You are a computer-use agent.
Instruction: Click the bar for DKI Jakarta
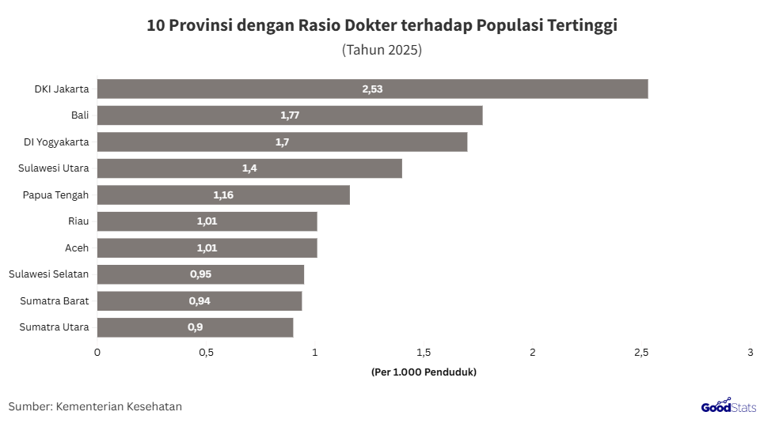point(372,89)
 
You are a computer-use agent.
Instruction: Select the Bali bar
point(290,115)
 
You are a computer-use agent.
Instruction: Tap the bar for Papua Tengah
point(223,195)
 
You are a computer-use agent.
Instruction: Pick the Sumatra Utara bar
point(195,327)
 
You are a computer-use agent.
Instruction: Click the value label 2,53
point(372,89)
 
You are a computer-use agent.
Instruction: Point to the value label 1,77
point(290,115)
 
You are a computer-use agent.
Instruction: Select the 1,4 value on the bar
point(249,168)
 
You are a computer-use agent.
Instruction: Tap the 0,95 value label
point(200,274)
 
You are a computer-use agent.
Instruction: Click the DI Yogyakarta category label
point(56,142)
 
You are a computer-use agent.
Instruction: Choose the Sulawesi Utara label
point(54,168)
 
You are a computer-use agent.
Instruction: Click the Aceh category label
point(77,248)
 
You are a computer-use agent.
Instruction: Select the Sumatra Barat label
point(54,301)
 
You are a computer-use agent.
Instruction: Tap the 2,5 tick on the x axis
point(641,353)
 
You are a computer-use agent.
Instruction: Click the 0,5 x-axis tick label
point(206,353)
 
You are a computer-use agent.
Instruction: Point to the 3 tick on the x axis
point(750,353)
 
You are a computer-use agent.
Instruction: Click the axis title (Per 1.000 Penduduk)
point(424,372)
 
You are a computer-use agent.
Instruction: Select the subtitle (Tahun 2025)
point(382,50)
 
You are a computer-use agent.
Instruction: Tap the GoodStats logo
point(728,406)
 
